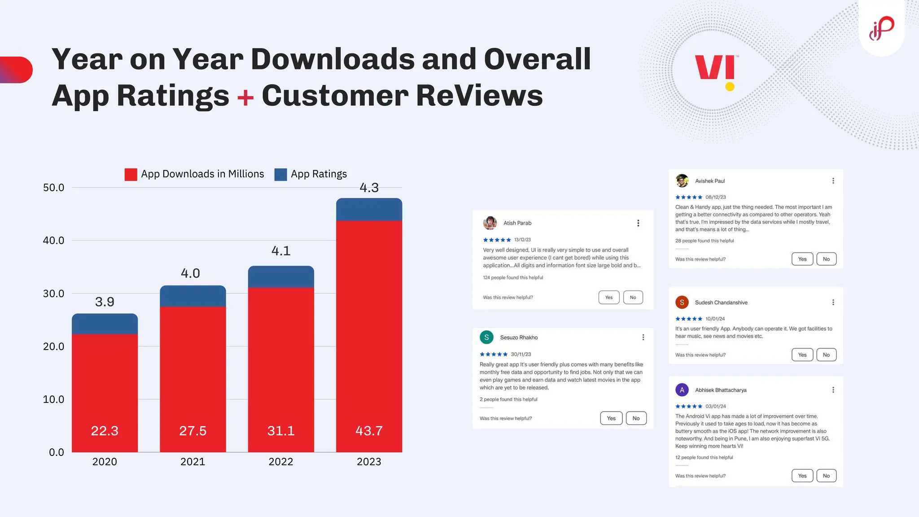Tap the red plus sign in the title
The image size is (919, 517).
(245, 97)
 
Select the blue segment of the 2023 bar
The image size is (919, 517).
(369, 210)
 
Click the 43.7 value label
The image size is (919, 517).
(369, 431)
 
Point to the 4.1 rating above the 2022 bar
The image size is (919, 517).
(281, 251)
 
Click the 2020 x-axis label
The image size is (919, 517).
(105, 462)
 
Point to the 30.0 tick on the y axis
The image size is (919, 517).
(53, 294)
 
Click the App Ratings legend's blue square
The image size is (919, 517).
(280, 175)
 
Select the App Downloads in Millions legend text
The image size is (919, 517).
(202, 174)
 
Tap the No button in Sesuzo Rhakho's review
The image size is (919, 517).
(636, 418)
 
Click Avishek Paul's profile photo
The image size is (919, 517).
(682, 181)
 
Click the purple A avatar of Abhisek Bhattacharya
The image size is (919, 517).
(682, 390)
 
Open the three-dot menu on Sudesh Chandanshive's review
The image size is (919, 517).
(833, 302)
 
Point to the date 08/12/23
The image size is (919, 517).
(715, 197)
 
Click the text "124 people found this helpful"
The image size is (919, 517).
(513, 278)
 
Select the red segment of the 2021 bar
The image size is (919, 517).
(193, 368)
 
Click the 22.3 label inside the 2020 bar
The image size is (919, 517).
(105, 431)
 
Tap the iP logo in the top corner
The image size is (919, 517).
(881, 28)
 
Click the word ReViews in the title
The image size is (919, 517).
(479, 96)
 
